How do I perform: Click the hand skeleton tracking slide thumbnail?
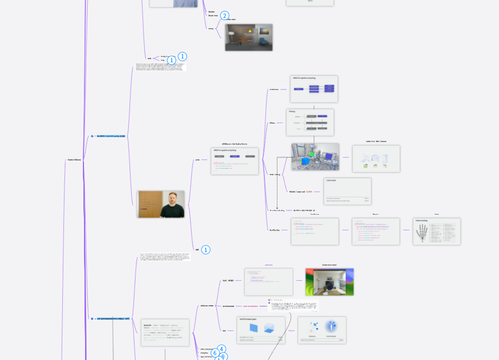click(436, 232)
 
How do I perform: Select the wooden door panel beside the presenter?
click(148, 203)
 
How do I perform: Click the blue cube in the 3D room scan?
click(304, 162)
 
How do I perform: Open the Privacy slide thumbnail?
click(310, 122)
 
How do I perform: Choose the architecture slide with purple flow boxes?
click(314, 89)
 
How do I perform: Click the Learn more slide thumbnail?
click(347, 191)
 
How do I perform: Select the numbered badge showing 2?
click(225, 16)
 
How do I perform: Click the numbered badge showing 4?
click(222, 349)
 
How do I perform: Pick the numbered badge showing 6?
click(215, 353)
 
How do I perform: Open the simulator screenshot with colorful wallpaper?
click(329, 282)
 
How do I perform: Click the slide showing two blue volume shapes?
click(261, 330)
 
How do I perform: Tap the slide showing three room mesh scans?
click(376, 159)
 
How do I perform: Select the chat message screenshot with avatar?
click(293, 305)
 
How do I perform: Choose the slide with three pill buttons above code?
click(235, 161)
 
